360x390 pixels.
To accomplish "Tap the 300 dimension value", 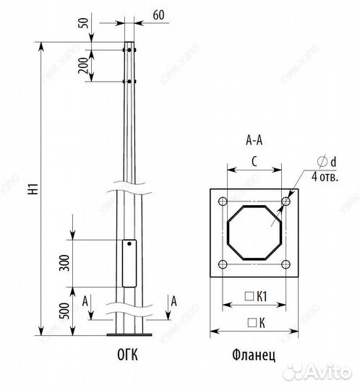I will [64, 263].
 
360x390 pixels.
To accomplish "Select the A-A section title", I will [254, 142].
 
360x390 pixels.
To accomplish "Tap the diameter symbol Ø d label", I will [330, 163].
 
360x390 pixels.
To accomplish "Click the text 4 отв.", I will [326, 175].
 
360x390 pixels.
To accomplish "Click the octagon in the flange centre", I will [254, 233].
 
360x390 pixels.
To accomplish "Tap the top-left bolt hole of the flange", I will [222, 201].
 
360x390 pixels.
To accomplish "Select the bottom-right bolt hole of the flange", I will [287, 265].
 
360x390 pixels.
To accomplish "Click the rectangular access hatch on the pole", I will [129, 263].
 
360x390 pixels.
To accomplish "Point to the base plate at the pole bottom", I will [129, 334].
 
